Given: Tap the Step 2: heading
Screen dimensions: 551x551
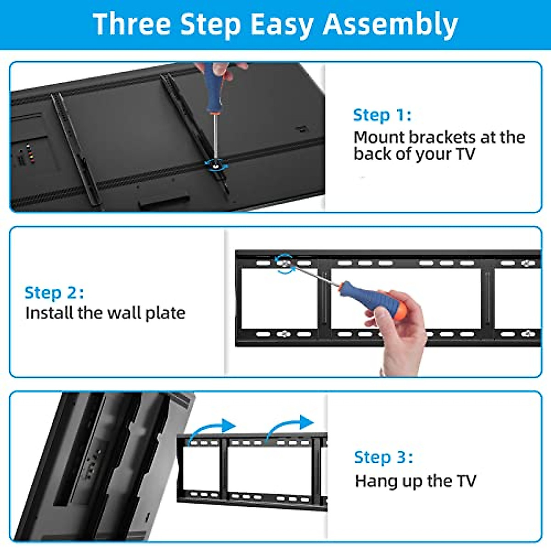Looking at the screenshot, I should pos(54,292).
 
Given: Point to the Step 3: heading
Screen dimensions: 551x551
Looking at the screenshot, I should pos(383,457).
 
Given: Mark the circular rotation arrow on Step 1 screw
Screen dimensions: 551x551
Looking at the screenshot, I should pos(214,164).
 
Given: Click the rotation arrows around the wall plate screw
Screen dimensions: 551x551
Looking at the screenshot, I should pos(285,264).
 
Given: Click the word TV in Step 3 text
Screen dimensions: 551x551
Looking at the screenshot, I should pos(466,481).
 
